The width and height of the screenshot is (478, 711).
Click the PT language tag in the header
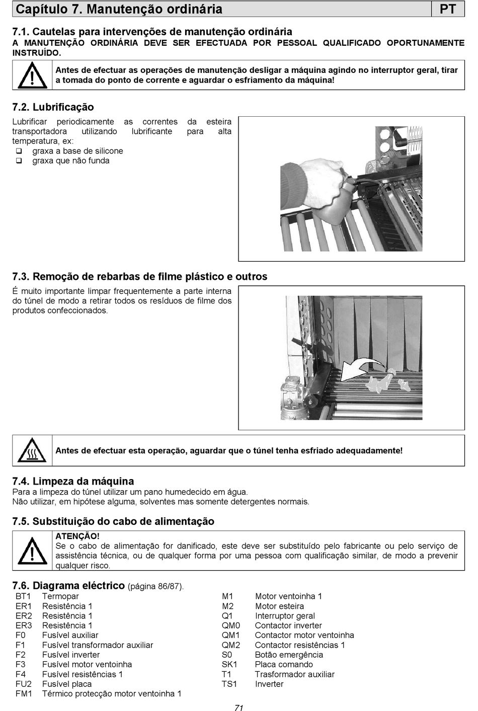(x=448, y=9)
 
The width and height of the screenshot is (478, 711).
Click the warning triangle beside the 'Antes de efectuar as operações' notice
(x=32, y=75)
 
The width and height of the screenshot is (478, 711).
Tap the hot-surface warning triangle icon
(x=32, y=450)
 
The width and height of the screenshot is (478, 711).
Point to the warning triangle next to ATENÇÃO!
(x=32, y=550)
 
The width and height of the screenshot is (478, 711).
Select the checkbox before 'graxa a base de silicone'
(x=19, y=151)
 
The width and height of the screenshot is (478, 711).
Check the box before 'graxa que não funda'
(x=19, y=161)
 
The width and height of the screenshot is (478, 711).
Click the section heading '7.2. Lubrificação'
(x=53, y=107)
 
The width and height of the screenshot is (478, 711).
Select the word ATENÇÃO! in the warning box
(x=77, y=536)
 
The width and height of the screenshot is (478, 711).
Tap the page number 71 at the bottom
(x=238, y=707)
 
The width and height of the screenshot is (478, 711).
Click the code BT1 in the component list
(x=23, y=596)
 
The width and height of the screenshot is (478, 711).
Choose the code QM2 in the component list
(x=231, y=645)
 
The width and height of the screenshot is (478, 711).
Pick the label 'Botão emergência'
(x=289, y=655)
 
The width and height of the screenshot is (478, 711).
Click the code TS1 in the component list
(x=229, y=684)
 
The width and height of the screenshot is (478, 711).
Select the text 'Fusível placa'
(x=66, y=684)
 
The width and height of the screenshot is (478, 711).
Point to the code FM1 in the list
(x=24, y=694)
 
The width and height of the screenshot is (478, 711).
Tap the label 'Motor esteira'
(x=279, y=606)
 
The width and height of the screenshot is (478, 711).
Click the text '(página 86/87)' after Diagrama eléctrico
(x=155, y=586)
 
